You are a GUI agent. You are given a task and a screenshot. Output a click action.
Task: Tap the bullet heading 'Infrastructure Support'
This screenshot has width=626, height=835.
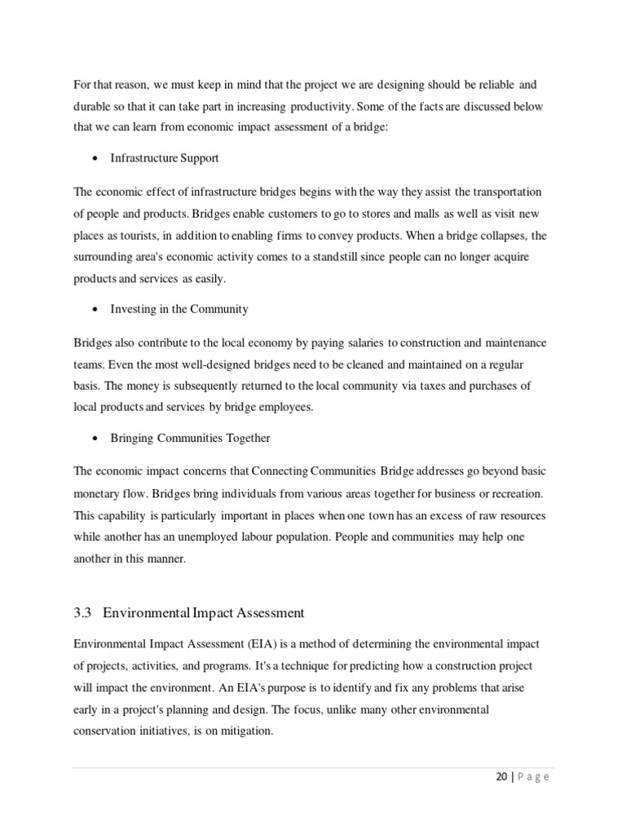(x=165, y=157)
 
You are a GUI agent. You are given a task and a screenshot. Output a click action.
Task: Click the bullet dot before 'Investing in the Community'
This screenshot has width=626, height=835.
(x=96, y=310)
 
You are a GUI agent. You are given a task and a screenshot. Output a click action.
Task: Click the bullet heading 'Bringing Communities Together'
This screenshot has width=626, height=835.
(x=190, y=438)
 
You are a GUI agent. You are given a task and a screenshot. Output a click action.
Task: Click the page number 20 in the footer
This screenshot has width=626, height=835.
(x=501, y=777)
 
